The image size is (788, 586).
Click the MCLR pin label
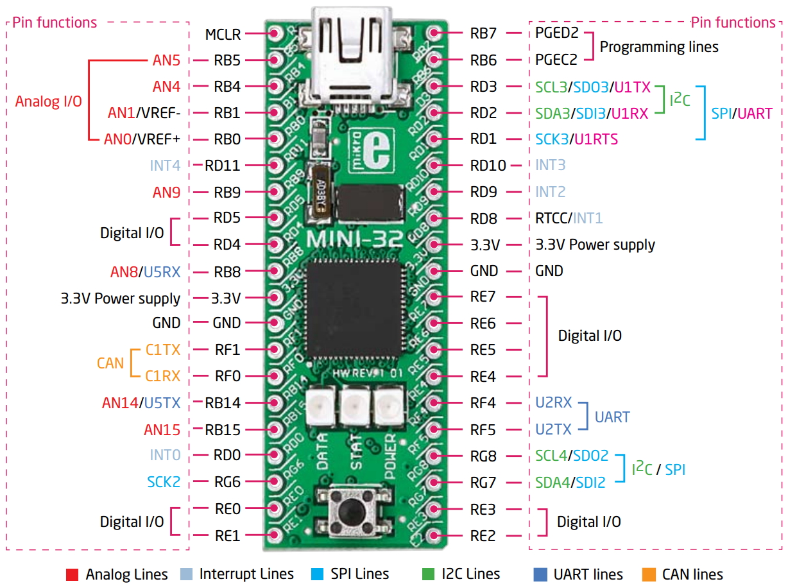point(223,34)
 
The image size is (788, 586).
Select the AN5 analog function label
point(166,60)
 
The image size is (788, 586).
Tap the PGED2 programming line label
point(557,33)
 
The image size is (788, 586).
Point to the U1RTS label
point(596,139)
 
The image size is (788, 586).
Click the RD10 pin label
point(488,166)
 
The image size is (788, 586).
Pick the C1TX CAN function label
point(163,350)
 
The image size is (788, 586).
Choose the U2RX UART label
point(553,403)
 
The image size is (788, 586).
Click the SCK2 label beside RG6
point(164,481)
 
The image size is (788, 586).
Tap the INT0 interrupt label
point(165,455)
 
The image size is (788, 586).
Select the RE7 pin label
point(483,297)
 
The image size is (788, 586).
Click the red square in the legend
point(72,574)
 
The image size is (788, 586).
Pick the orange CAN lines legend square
point(648,574)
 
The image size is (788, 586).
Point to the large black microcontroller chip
point(355,312)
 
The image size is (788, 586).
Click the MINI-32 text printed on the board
point(354,238)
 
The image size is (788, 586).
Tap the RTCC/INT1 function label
point(569,218)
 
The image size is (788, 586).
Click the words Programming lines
point(659,47)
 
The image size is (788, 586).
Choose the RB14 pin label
point(223,403)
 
